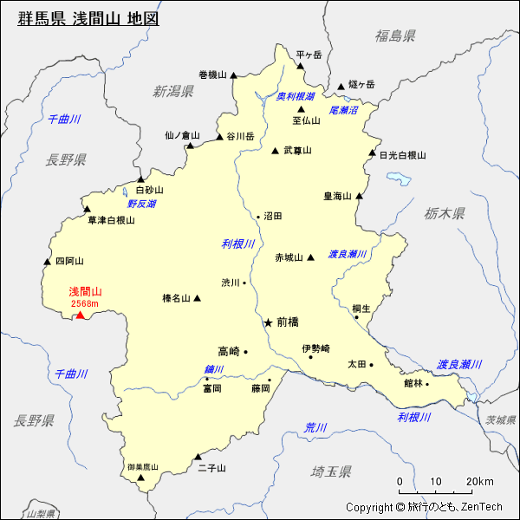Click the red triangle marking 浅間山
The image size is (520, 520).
[80, 315]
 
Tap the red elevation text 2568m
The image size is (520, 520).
[85, 303]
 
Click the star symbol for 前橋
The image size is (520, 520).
[268, 322]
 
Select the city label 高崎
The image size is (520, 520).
[229, 351]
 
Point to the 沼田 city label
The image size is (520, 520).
[273, 216]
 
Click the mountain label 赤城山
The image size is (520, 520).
[289, 257]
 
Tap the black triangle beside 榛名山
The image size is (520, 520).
[198, 298]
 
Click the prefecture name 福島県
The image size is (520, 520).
[395, 36]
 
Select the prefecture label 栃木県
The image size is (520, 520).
[445, 213]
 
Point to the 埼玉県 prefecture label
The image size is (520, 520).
[331, 471]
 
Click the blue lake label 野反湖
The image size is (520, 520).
[141, 204]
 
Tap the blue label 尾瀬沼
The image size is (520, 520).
[343, 111]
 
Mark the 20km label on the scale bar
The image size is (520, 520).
[479, 482]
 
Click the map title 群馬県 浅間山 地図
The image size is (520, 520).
[88, 18]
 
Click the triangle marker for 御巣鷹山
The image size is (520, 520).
[140, 488]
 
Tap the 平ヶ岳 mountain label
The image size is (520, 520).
[309, 55]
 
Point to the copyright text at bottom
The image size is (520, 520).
[424, 507]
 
